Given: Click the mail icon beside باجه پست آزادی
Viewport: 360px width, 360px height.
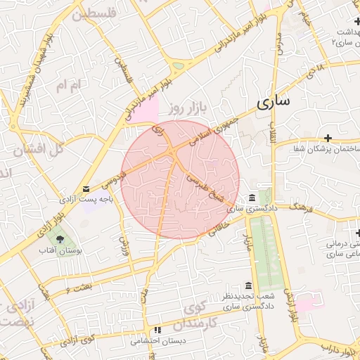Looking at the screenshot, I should [86, 188].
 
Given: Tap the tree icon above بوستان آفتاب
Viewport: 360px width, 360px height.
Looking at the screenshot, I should [60, 239].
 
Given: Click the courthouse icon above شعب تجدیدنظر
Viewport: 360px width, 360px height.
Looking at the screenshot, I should [247, 285].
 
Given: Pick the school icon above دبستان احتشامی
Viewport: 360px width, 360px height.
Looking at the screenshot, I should [157, 329].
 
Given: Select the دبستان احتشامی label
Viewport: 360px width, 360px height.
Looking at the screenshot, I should [158, 341].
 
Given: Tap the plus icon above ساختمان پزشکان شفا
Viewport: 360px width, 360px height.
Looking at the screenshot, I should [328, 136].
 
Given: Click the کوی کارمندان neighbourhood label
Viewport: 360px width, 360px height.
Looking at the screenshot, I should [205, 316].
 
